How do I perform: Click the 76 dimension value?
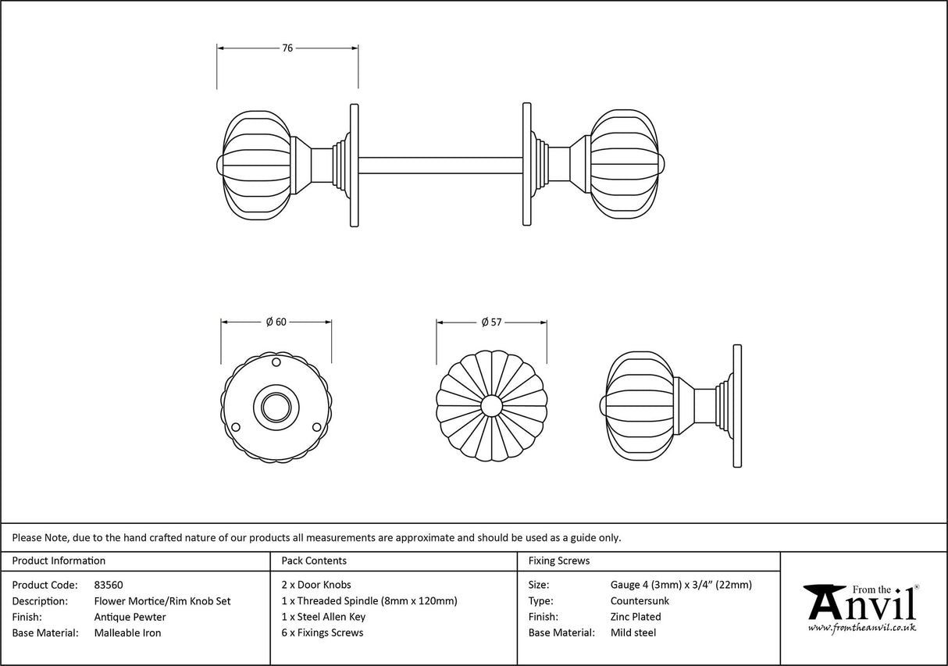click(287, 48)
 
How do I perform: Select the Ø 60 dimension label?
click(276, 322)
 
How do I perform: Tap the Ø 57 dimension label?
click(491, 322)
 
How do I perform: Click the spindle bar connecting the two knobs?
click(440, 166)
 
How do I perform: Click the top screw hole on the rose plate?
click(276, 363)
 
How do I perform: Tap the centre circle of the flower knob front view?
click(491, 406)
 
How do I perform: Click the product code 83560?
click(108, 585)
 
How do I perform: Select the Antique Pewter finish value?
click(130, 617)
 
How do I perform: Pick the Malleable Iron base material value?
click(127, 633)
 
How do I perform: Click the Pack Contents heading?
click(314, 561)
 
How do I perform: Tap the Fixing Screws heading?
click(559, 561)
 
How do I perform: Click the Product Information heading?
click(59, 561)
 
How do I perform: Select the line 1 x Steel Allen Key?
click(323, 617)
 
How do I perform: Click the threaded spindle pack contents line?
click(369, 601)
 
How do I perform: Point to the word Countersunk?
click(640, 601)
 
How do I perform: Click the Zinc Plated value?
click(636, 617)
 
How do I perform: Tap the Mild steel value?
click(633, 633)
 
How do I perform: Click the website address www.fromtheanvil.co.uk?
click(862, 628)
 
